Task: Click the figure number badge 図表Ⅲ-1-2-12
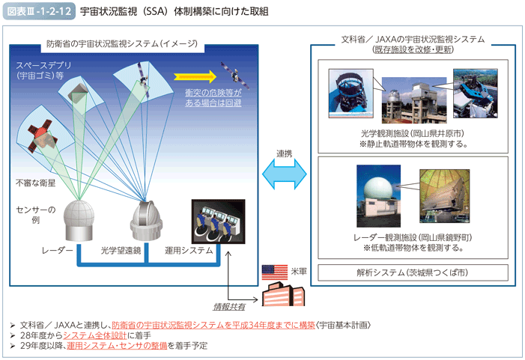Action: pos(39,11)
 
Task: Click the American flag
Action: pos(275,272)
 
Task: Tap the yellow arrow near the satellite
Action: pos(195,76)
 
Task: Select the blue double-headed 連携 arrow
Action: pos(285,174)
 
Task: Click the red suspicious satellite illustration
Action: pos(41,137)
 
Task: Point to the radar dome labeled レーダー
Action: pos(79,221)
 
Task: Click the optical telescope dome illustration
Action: pos(146,221)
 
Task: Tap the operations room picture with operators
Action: pos(218,222)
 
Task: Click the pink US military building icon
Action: pos(283,293)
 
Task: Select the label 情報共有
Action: pos(229,306)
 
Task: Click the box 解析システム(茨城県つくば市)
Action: pos(413,272)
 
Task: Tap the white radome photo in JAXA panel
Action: pos(378,196)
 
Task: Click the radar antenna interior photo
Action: pos(445,196)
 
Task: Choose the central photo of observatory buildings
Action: pos(414,100)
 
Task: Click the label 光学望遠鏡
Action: pos(121,250)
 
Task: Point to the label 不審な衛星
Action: pos(35,183)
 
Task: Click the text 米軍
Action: pos(299,272)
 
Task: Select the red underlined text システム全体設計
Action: pos(95,335)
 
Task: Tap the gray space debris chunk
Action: pos(78,92)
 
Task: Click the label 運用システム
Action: pos(189,250)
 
